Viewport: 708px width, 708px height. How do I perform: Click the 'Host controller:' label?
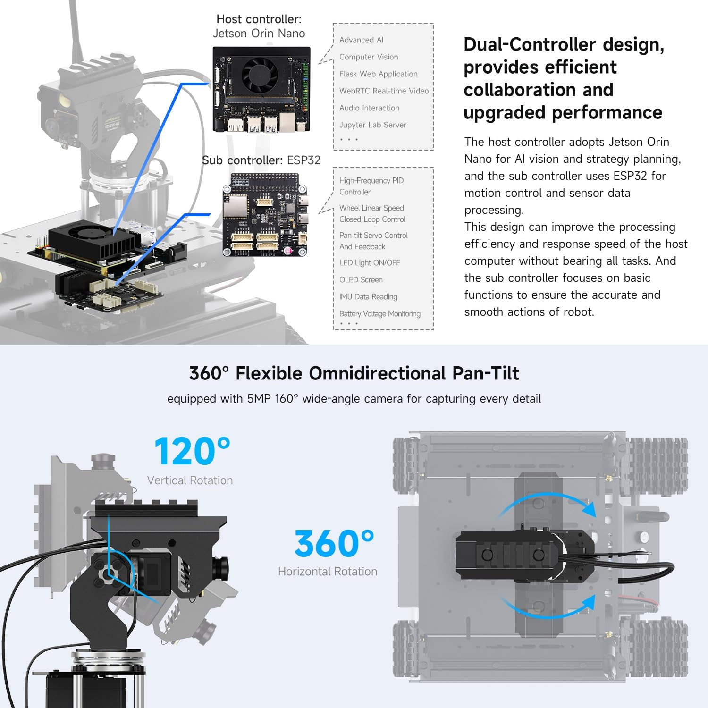click(x=259, y=19)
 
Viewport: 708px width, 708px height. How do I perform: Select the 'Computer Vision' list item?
click(x=369, y=57)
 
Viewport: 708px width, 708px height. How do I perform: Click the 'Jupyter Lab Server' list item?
click(x=372, y=125)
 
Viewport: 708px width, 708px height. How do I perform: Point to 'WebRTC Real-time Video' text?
click(x=384, y=91)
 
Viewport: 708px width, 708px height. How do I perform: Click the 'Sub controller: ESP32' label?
click(x=261, y=160)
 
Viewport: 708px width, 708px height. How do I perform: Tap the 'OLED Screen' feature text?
click(x=361, y=280)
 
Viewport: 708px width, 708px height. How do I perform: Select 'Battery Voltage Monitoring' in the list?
click(x=380, y=314)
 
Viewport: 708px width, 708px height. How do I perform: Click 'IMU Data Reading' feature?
click(x=368, y=297)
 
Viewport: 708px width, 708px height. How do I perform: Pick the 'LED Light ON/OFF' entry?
click(x=370, y=263)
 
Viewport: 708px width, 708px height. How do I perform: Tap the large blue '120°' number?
click(x=192, y=451)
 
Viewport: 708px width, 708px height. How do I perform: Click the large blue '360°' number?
click(x=334, y=543)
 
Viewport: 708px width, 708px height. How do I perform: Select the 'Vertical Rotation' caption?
click(x=190, y=480)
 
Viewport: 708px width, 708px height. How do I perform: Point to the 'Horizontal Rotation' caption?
click(x=328, y=572)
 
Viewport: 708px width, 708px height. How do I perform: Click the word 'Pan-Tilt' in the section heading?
click(x=486, y=373)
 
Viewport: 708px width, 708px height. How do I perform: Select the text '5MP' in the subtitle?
click(x=259, y=399)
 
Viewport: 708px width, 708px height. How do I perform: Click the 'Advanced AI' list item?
click(x=362, y=40)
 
